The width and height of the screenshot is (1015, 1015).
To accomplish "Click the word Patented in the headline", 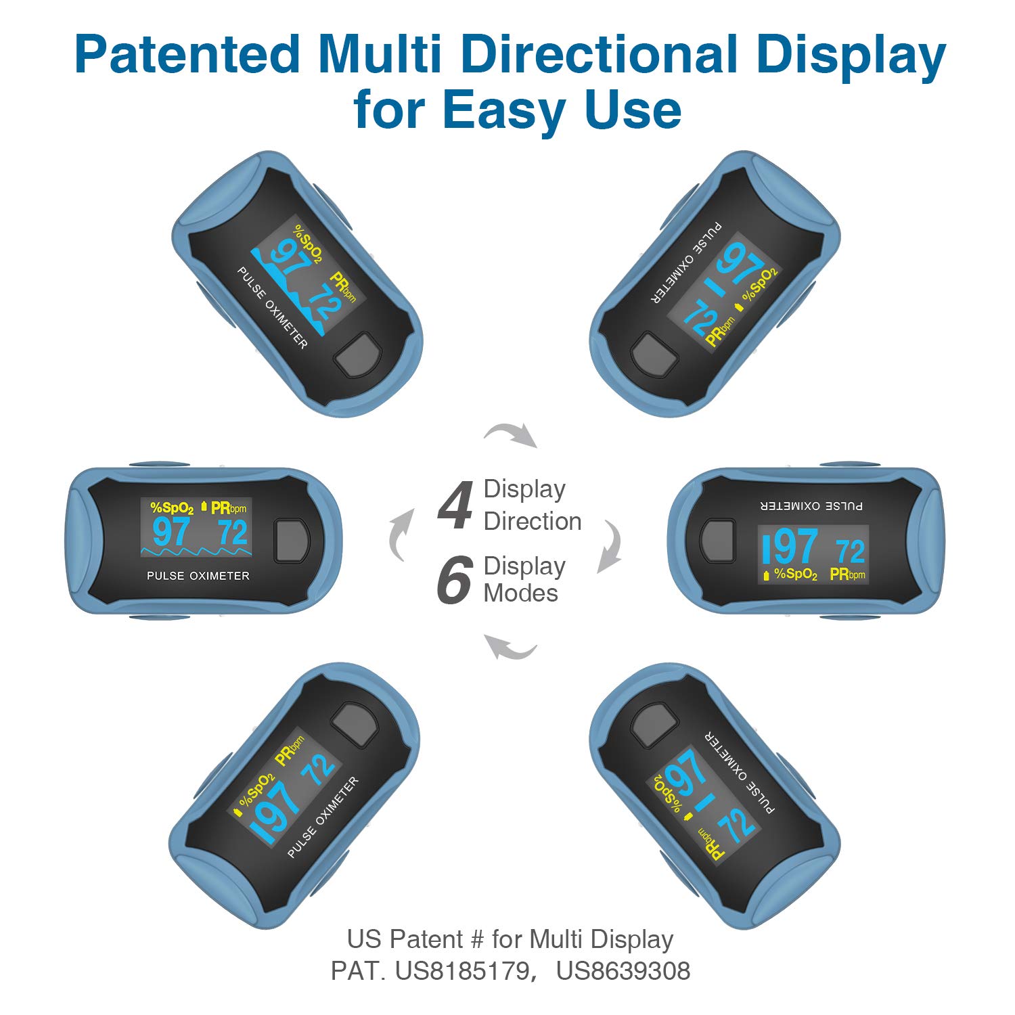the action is pyautogui.click(x=187, y=55).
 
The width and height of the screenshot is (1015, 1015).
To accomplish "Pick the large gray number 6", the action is pyautogui.click(x=454, y=580).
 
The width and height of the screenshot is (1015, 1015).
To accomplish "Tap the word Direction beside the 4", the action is pyautogui.click(x=533, y=521).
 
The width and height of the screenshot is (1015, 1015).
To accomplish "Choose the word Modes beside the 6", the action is pyautogui.click(x=521, y=593).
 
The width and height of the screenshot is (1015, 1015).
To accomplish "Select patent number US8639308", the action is pyautogui.click(x=623, y=970).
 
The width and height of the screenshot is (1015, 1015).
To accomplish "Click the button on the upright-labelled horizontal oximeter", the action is pyautogui.click(x=292, y=541).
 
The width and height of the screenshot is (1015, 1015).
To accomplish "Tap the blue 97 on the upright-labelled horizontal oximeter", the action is pyautogui.click(x=172, y=533).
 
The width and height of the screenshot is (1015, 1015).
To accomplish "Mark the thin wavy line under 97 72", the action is pyautogui.click(x=196, y=552).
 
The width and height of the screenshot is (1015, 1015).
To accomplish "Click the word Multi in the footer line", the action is pyautogui.click(x=556, y=939).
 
